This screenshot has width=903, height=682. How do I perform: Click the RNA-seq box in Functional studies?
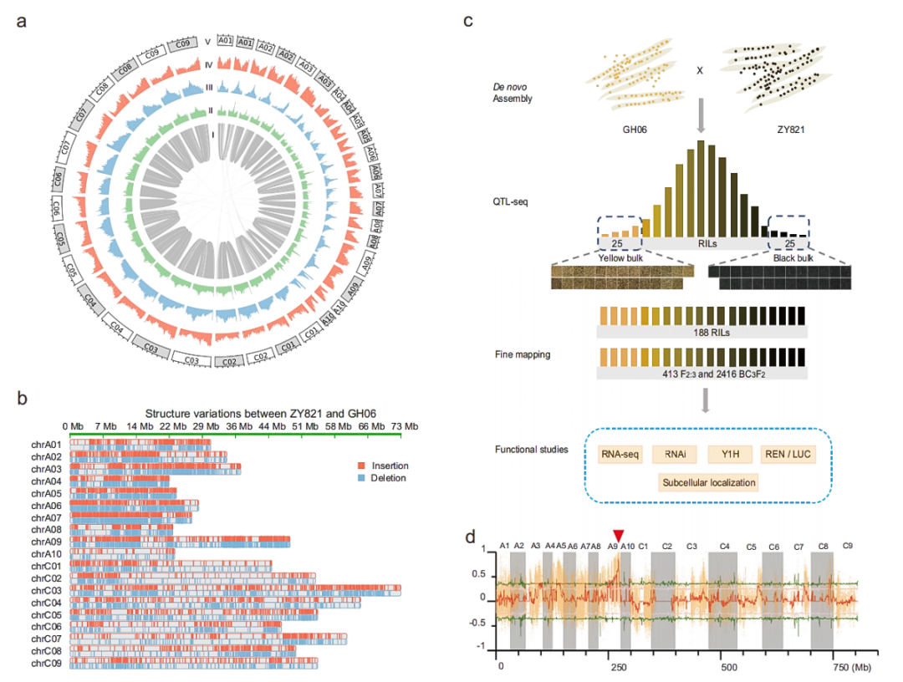click(x=619, y=455)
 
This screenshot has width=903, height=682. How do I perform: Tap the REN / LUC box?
click(x=785, y=455)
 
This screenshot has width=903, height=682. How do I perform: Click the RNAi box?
click(x=675, y=455)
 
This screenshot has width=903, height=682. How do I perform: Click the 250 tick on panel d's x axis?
click(x=615, y=668)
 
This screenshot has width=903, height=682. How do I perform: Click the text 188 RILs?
click(x=701, y=331)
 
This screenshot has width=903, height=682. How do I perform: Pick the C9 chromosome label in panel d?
click(x=847, y=546)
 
